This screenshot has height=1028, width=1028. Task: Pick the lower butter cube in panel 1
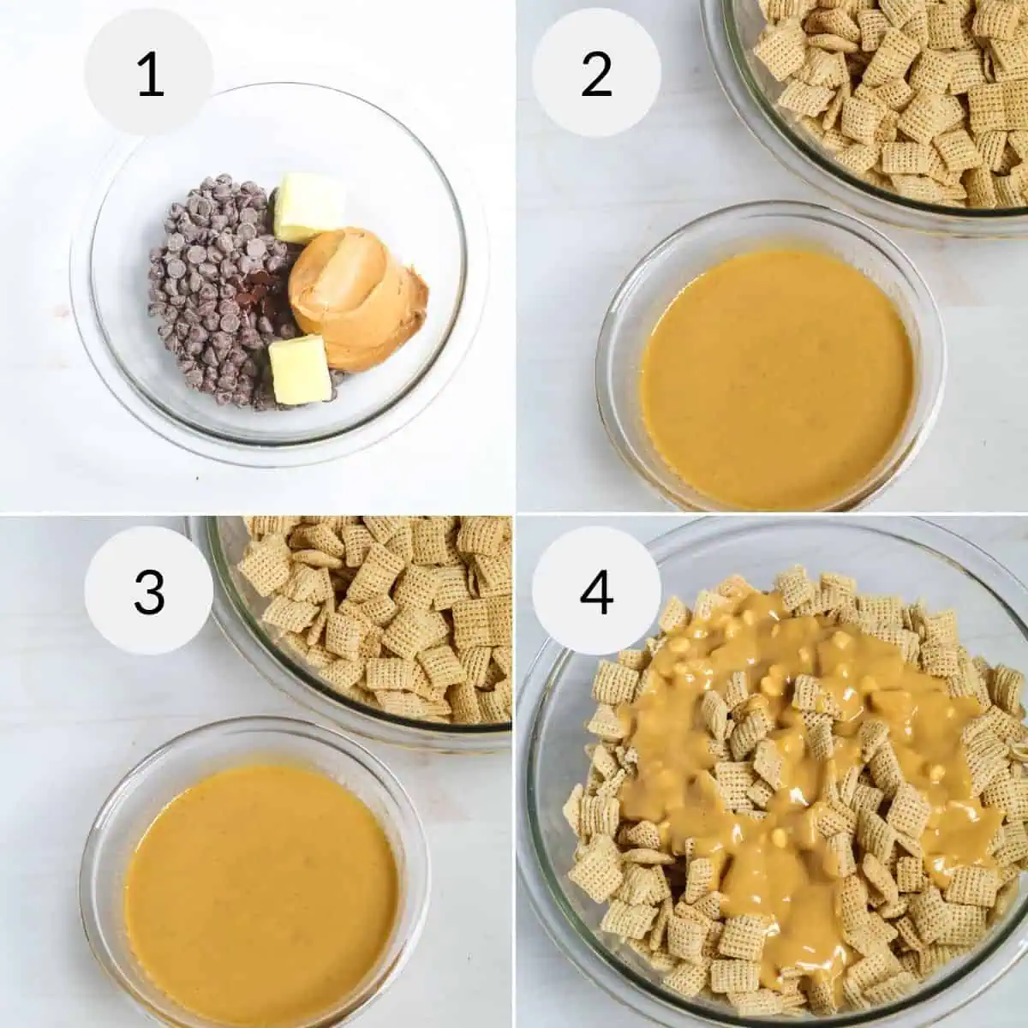[x=300, y=370]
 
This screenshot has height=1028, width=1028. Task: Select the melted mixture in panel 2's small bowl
[x=777, y=382]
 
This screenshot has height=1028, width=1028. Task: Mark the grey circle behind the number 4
[x=596, y=591]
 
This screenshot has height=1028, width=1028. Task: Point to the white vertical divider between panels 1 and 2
[x=514, y=257]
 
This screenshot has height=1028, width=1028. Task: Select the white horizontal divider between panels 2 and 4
[x=772, y=514]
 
